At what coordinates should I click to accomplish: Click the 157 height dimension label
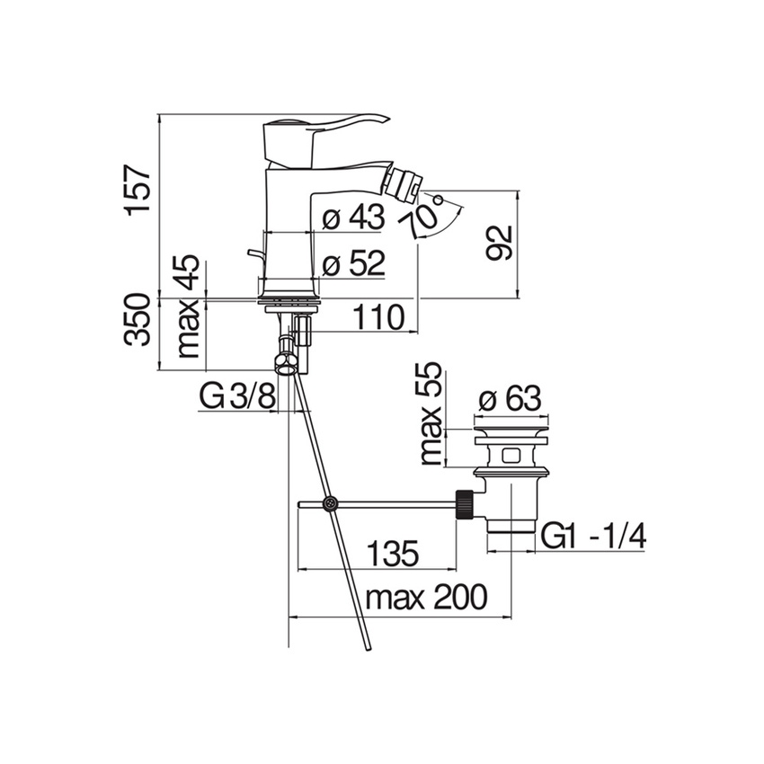point(137,189)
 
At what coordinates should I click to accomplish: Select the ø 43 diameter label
point(353,218)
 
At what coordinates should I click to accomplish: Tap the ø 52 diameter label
point(353,263)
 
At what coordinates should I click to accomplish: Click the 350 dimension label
point(138,319)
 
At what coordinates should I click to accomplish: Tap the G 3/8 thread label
point(237,396)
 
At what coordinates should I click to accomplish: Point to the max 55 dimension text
point(432,413)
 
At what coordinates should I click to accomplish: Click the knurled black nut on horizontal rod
point(465,504)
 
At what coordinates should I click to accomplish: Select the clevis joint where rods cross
point(331,504)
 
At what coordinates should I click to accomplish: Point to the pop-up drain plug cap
point(510,436)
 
